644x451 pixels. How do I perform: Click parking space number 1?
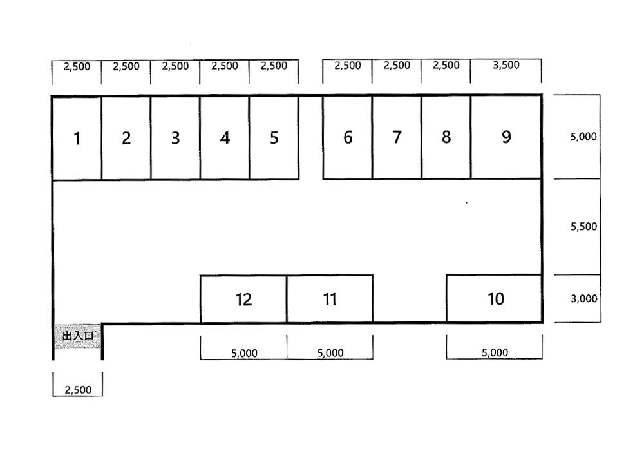(x=77, y=139)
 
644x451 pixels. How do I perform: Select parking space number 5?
(x=274, y=138)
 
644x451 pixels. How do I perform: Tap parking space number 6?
(x=348, y=138)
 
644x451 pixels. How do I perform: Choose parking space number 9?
(x=506, y=137)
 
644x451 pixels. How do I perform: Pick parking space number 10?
(x=494, y=298)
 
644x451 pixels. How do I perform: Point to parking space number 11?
(x=330, y=299)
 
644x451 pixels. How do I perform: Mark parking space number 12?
(x=243, y=300)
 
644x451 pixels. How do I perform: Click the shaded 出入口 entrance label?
(x=78, y=336)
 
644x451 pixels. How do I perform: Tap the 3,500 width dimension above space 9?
(x=506, y=65)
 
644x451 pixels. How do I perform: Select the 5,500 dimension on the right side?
(x=583, y=226)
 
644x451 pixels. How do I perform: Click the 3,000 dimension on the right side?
(x=583, y=298)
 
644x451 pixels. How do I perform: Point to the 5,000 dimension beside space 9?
(x=583, y=137)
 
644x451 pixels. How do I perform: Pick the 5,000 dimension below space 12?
(x=244, y=353)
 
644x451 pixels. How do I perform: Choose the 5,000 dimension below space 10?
(x=495, y=352)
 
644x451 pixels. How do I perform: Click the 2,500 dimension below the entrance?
(x=78, y=390)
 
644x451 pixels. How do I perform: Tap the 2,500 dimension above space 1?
(x=77, y=66)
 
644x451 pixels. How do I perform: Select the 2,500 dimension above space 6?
(x=348, y=65)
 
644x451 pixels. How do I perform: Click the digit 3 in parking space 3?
(x=175, y=138)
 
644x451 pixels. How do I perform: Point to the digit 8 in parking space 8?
(x=446, y=137)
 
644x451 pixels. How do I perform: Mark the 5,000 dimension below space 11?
(x=330, y=353)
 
